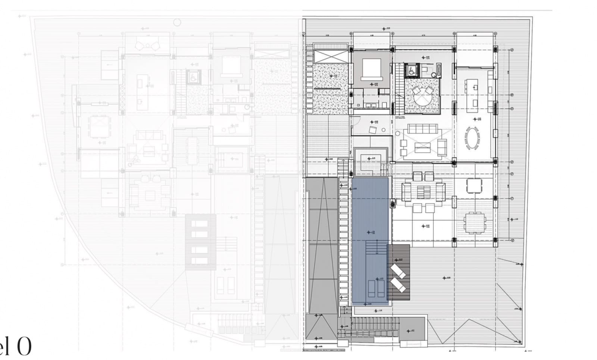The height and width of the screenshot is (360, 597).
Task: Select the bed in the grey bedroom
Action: (x=371, y=69)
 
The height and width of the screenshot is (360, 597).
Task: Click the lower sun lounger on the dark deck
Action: (x=398, y=285)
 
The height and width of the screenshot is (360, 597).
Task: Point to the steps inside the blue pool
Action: (x=376, y=248)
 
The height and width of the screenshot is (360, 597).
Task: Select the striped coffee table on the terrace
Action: (x=423, y=192)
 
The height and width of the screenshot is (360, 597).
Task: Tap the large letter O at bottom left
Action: (x=23, y=347)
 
